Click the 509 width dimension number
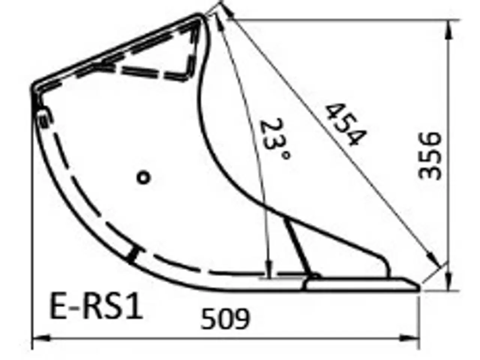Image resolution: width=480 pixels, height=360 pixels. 225,319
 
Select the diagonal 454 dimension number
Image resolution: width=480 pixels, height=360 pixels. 344,125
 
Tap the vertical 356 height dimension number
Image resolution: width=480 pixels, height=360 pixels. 430,156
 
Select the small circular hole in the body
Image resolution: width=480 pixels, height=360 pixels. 143,177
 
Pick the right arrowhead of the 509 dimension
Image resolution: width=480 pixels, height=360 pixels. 411,338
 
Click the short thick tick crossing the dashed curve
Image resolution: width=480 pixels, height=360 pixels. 132,255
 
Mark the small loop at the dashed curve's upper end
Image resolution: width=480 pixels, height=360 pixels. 42,117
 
